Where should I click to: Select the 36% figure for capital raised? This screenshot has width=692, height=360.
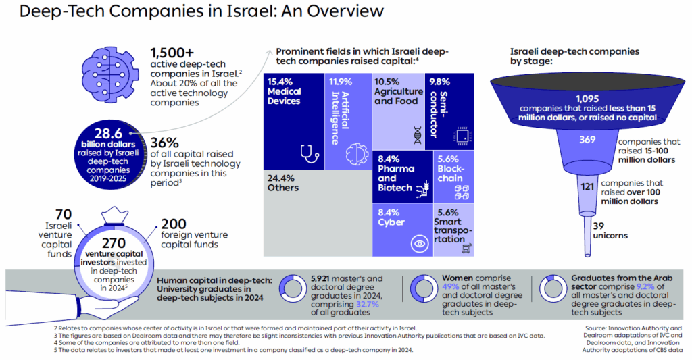click(x=164, y=143)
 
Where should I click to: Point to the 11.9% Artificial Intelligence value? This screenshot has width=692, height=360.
click(x=340, y=80)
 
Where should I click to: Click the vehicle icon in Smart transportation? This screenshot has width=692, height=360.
click(x=466, y=250)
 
